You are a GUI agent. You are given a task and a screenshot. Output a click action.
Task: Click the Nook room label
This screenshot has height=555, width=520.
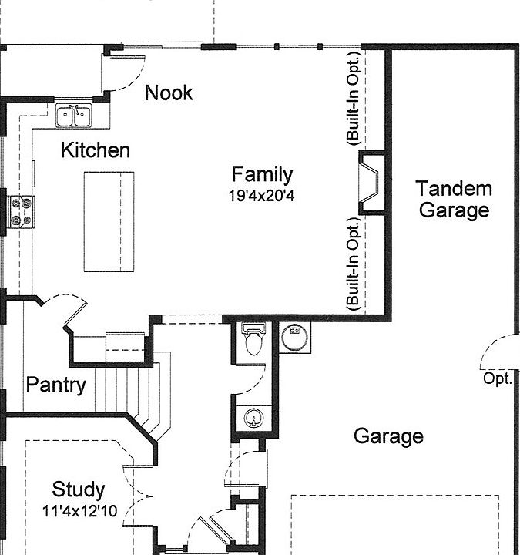click(x=169, y=92)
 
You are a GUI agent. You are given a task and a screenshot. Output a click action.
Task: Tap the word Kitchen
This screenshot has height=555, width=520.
click(x=96, y=150)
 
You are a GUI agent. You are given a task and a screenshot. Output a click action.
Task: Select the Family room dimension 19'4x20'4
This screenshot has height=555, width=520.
click(x=261, y=195)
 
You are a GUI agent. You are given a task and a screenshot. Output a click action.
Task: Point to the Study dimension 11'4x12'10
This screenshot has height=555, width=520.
click(x=79, y=511)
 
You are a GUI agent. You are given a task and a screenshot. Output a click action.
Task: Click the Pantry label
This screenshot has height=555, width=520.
click(x=56, y=385)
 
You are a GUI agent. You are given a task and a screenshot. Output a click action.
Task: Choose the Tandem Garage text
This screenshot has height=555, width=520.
click(x=455, y=199)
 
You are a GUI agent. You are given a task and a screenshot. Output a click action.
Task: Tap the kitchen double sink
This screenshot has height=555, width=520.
click(x=74, y=115)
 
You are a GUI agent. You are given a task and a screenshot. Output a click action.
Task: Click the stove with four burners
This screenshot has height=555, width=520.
click(x=22, y=212)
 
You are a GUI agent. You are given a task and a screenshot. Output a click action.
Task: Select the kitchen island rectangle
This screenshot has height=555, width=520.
click(x=109, y=222)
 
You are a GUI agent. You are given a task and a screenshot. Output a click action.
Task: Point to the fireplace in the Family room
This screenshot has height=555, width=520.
click(x=371, y=183)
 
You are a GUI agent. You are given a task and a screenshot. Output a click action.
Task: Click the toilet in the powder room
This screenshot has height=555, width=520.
click(x=253, y=338)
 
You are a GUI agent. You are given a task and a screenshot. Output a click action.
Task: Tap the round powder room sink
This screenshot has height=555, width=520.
click(x=253, y=418)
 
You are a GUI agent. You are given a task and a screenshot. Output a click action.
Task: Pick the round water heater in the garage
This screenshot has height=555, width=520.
click(x=294, y=338)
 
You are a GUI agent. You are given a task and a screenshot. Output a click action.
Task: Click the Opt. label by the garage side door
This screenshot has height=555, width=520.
click(x=498, y=378)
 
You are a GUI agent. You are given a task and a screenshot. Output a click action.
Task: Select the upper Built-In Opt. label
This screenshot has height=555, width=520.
click(x=353, y=98)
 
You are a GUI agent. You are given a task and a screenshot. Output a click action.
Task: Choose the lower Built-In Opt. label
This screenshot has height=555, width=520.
click(x=353, y=264)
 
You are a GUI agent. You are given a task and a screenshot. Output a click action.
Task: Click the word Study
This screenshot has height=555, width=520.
click(x=79, y=490)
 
